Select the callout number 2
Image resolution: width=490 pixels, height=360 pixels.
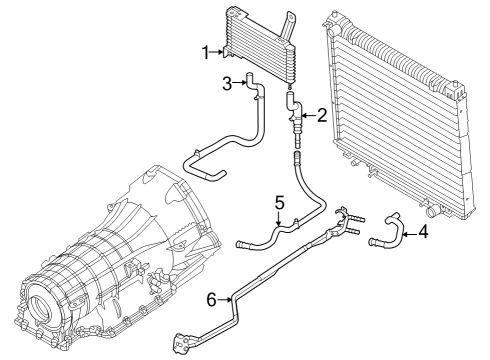click(x=322, y=116)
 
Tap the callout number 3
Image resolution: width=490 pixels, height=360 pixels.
click(x=226, y=83)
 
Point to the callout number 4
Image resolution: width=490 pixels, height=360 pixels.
click(x=424, y=235)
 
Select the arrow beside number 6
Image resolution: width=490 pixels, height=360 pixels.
click(x=224, y=297)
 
